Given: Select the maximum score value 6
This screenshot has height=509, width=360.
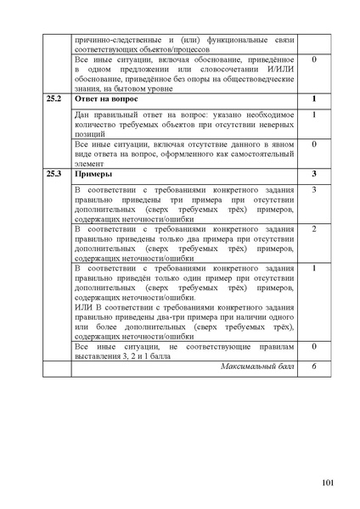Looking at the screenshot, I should point(314,366).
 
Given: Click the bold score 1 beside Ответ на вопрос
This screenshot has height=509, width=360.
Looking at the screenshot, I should point(314,99).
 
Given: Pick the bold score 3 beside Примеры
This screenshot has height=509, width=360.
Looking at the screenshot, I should point(314,174).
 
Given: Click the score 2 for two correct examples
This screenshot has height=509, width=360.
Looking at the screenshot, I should point(314,229).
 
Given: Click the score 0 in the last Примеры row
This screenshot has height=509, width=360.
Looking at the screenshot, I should point(314,347).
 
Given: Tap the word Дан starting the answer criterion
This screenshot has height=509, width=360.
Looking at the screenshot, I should point(82,115).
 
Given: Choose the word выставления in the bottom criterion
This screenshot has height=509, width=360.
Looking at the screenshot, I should point(100,357).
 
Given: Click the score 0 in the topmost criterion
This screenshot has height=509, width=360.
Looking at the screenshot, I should point(314,60).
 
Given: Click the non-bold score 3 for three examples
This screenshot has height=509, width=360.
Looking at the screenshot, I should point(314,189).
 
